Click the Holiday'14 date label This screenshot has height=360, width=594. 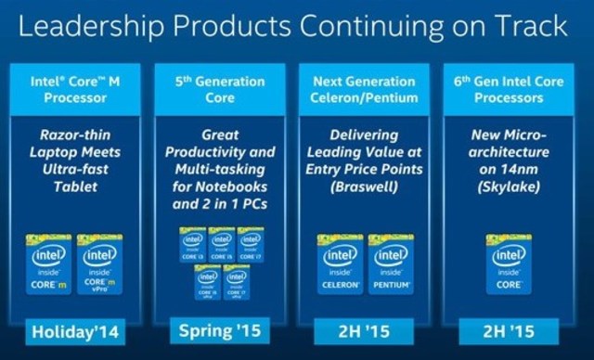[x=76, y=329]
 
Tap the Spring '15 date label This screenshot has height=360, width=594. [x=219, y=330]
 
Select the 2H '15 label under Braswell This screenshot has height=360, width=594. [x=365, y=329]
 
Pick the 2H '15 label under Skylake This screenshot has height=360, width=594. [x=509, y=329]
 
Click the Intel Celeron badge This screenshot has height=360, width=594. [x=341, y=264]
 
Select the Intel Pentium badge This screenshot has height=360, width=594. [x=390, y=264]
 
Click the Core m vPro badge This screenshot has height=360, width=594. [x=102, y=264]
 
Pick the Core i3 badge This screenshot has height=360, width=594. [x=193, y=244]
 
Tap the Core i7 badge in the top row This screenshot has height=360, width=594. [x=251, y=244]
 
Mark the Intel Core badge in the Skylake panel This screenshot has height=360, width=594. [x=509, y=264]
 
